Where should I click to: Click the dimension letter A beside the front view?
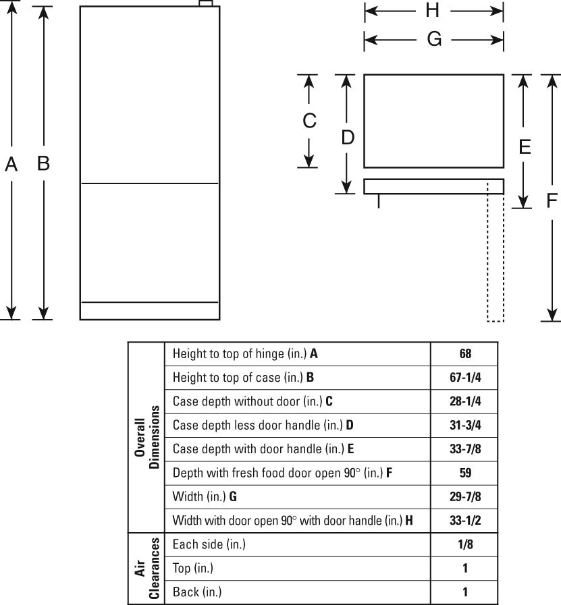point(11,164)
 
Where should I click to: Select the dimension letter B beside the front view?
point(44,163)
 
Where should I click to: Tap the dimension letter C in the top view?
point(309,121)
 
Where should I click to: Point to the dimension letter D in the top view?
point(347,138)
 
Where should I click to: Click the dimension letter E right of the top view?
point(524,146)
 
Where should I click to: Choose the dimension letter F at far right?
point(552,200)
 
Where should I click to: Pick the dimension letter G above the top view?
point(434,40)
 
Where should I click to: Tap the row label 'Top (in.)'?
point(193,569)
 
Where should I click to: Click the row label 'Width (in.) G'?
point(205,497)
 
